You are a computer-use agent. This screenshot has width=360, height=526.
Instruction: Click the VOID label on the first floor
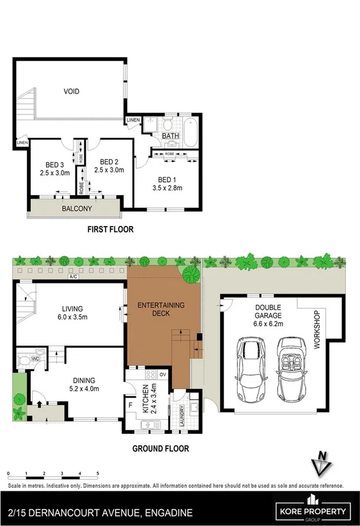71,92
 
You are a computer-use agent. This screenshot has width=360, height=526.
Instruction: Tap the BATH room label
171,136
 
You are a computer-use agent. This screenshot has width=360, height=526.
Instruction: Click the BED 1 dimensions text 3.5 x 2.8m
168,188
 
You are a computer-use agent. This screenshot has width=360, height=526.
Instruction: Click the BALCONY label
77,209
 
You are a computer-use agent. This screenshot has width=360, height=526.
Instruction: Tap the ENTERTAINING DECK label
161,310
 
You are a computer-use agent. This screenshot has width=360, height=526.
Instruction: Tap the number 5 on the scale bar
98,473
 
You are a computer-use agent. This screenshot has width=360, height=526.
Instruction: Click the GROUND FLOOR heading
160,449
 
